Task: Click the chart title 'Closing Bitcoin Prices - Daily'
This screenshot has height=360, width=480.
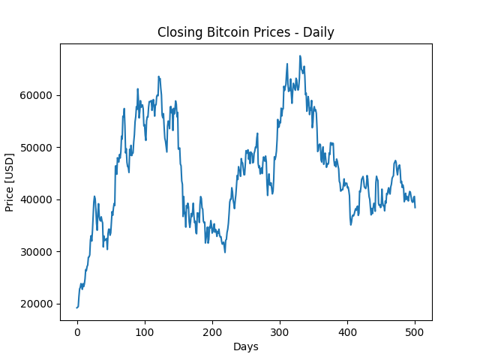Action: click(245, 32)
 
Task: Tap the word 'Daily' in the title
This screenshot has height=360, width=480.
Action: click(318, 32)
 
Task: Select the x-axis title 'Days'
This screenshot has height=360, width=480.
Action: click(245, 347)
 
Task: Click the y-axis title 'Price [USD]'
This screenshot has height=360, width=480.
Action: click(10, 182)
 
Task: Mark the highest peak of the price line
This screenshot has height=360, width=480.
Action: click(300, 56)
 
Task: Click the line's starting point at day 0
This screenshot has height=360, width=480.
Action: click(77, 307)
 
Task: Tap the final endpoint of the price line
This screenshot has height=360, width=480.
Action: click(415, 207)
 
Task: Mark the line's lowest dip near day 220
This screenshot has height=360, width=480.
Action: click(224, 251)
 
